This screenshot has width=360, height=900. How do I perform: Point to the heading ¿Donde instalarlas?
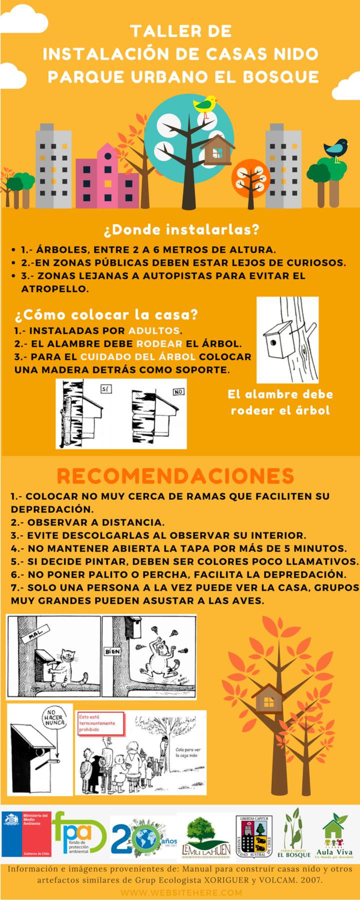click(x=181, y=230)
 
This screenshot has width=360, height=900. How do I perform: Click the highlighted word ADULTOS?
click(x=154, y=331)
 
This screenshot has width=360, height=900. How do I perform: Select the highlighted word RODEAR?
click(x=159, y=344)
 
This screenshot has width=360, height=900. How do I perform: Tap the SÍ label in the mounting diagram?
click(x=104, y=388)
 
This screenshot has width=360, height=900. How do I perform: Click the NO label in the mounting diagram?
click(x=178, y=392)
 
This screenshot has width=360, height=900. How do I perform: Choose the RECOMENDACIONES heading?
click(x=175, y=475)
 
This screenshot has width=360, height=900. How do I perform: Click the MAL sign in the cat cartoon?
click(x=33, y=635)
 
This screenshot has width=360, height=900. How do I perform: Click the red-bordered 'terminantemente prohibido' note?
click(x=100, y=723)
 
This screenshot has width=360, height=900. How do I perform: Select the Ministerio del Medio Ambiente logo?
click(x=26, y=834)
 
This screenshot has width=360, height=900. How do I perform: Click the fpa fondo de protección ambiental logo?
click(x=78, y=833)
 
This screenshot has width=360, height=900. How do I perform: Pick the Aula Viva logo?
click(x=334, y=837)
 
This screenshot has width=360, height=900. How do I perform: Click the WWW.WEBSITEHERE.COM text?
click(x=181, y=892)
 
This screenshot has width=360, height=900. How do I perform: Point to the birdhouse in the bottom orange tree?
click(x=268, y=698)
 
